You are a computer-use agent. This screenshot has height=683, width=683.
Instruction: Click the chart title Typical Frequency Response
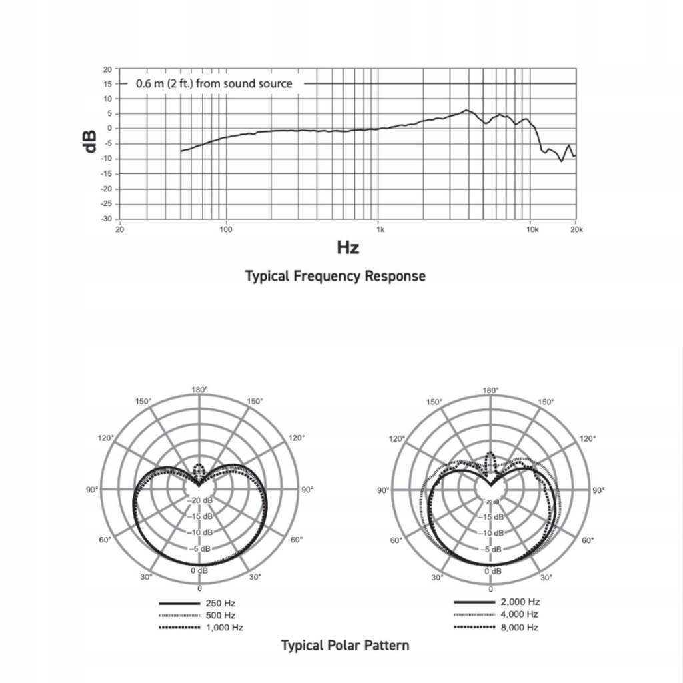pos(335,276)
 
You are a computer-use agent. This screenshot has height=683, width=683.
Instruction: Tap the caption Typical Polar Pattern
pos(345,645)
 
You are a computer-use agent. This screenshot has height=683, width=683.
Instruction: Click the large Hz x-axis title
pos(348,248)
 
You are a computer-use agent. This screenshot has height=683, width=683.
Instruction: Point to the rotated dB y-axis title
pos(91,141)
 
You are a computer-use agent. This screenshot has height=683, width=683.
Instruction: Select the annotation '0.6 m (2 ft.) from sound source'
pos(214,84)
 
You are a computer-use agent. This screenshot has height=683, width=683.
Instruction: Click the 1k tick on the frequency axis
pos(380,230)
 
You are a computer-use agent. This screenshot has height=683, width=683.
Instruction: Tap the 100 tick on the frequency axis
pos(225,230)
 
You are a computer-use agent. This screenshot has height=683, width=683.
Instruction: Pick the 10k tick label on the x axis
pos(532,230)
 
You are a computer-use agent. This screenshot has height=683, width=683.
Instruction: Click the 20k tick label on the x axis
pos(576,230)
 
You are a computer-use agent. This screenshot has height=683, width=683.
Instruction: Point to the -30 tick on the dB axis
pos(107,219)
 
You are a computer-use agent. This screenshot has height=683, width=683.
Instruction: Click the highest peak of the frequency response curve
pos(466,110)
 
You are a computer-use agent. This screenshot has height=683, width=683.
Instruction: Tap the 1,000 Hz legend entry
pos(225,628)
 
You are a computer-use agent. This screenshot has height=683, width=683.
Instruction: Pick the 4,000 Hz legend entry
pos(518,614)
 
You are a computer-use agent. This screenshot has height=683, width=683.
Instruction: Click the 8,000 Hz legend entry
pos(518,627)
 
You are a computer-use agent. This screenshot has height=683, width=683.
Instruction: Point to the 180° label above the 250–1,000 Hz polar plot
pos(199,390)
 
